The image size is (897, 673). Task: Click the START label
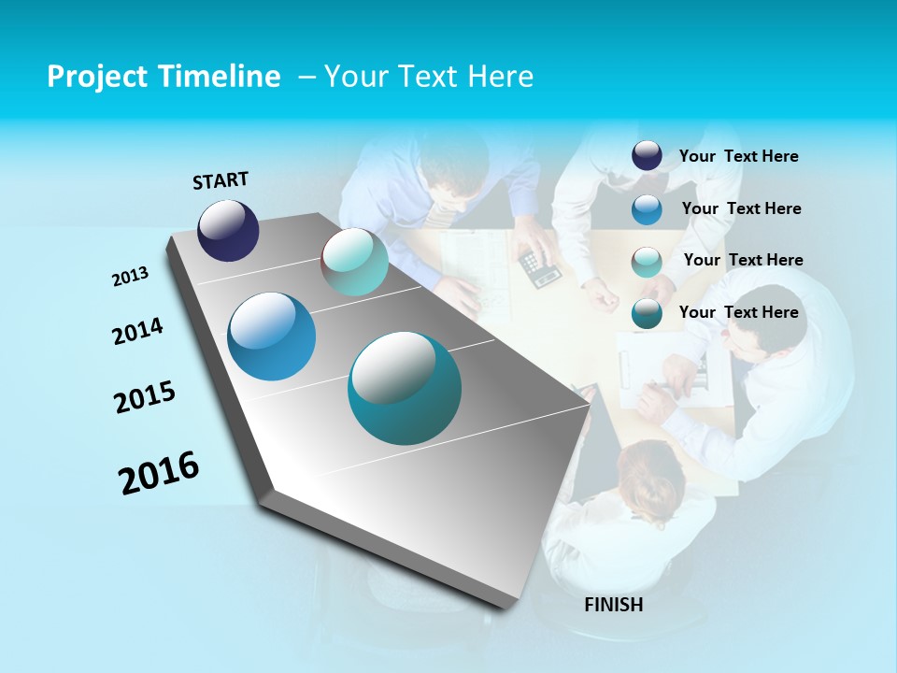221,180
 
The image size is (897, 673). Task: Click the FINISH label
614,605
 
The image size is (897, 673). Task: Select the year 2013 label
131,277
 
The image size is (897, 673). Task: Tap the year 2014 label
137,332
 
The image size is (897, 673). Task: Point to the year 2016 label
159,473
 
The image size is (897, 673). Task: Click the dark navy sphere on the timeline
228,230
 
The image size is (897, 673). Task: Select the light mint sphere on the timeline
354,262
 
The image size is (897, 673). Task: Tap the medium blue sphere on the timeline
272,336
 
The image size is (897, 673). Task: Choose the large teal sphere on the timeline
405,388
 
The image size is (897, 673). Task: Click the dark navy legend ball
647,155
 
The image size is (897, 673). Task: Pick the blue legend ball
647,209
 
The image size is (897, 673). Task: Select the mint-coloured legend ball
647,262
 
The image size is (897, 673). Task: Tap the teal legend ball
647,314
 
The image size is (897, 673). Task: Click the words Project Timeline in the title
164,77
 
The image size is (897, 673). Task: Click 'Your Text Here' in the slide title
428,77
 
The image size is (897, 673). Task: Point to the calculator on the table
540,267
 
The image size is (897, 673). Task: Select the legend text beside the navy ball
738,156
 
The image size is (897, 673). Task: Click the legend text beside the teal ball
738,312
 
